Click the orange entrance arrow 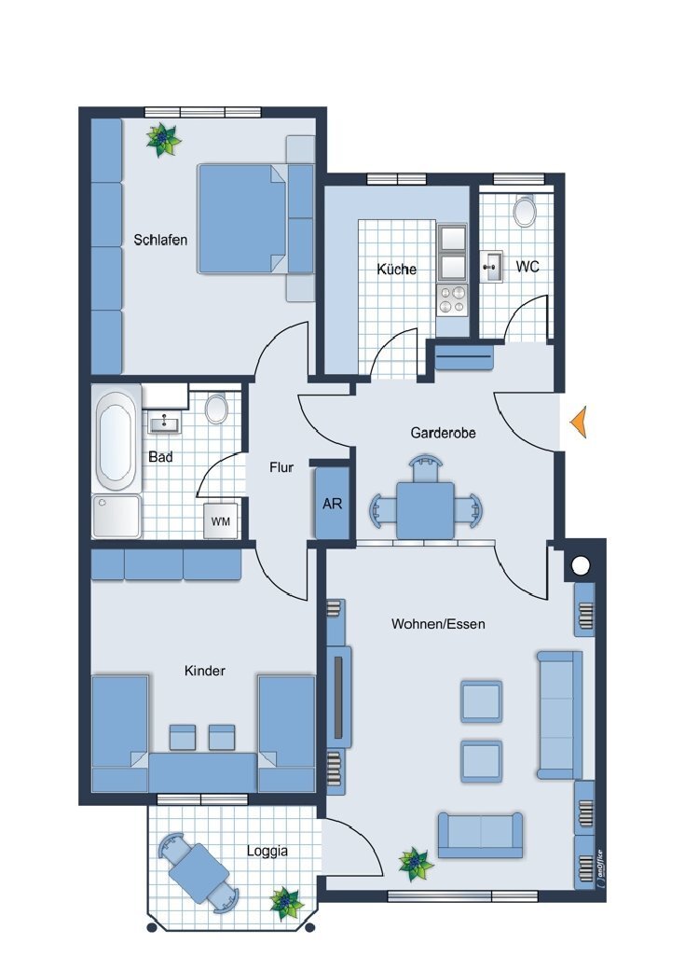[580, 423]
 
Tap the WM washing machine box [221, 520]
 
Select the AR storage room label [332, 504]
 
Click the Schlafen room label [160, 240]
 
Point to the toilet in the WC [526, 211]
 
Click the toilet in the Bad [216, 409]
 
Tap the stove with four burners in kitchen [453, 299]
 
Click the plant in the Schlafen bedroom [164, 140]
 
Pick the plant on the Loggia [286, 902]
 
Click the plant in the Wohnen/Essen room [416, 864]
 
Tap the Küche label [396, 270]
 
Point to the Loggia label [267, 851]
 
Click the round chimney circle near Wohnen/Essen [582, 565]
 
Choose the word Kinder [204, 671]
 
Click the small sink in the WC [491, 266]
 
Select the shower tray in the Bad [116, 516]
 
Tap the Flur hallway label [281, 467]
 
